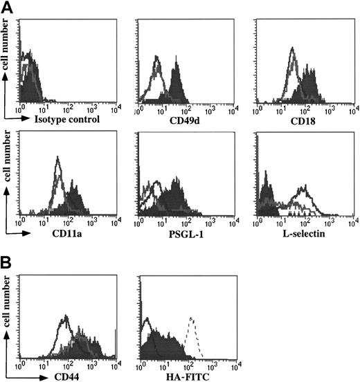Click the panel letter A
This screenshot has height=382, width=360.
[x=8, y=7]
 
